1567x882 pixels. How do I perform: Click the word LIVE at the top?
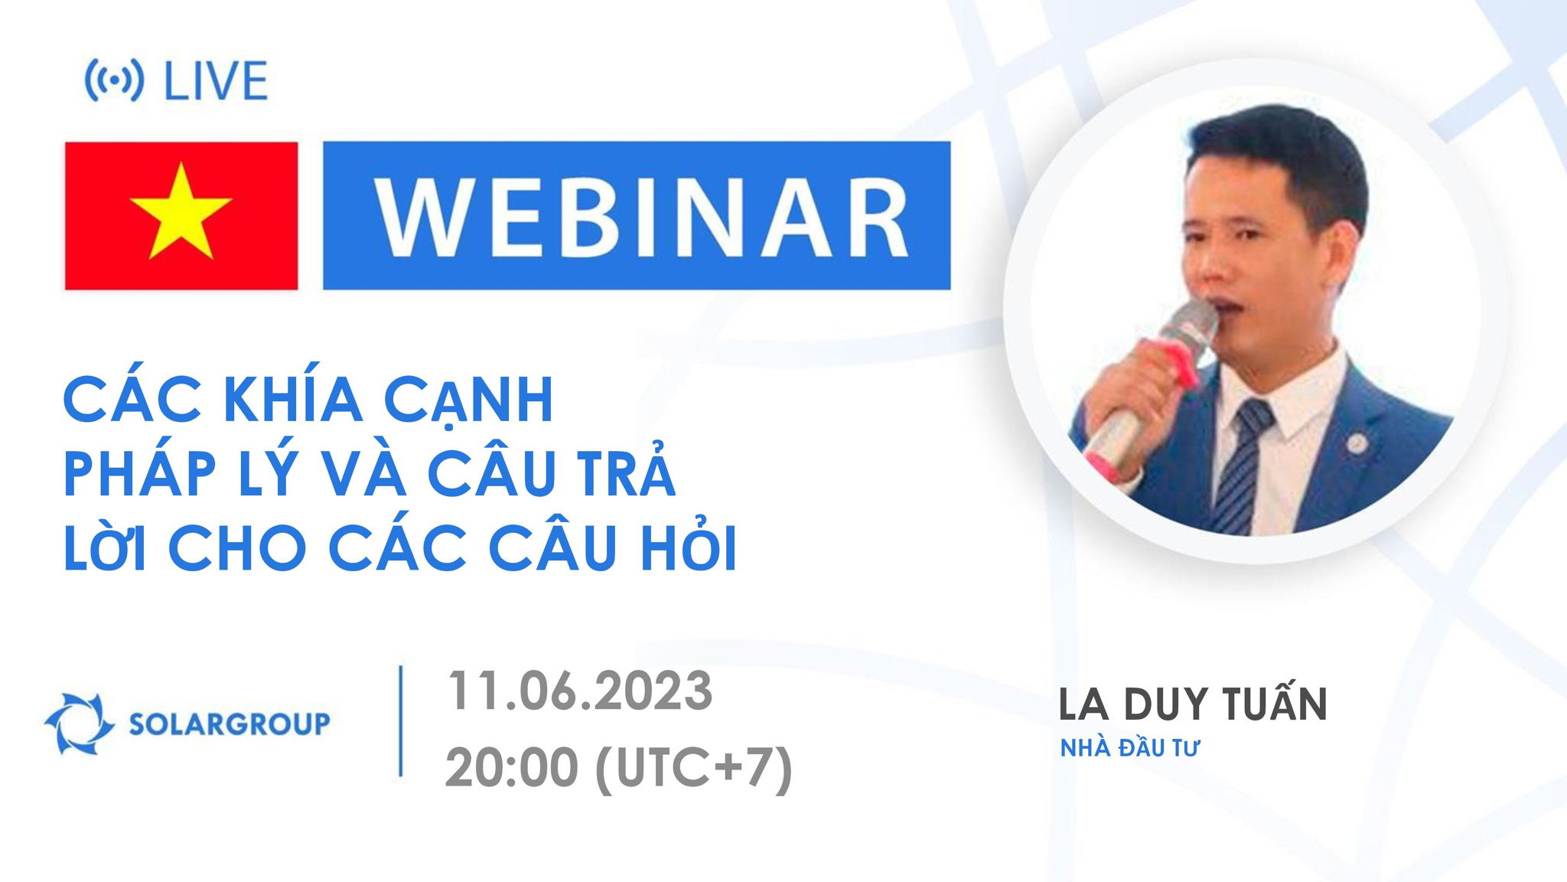pyautogui.click(x=216, y=81)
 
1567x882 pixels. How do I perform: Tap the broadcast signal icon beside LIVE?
pyautogui.click(x=113, y=81)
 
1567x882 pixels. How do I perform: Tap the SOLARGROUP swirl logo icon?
pyautogui.click(x=73, y=723)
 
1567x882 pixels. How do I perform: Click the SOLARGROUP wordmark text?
pyautogui.click(x=230, y=724)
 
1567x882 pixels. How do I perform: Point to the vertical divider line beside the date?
pyautogui.click(x=401, y=722)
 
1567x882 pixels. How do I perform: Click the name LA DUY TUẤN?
pyautogui.click(x=1192, y=705)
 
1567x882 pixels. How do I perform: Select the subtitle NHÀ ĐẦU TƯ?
pyautogui.click(x=1129, y=749)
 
